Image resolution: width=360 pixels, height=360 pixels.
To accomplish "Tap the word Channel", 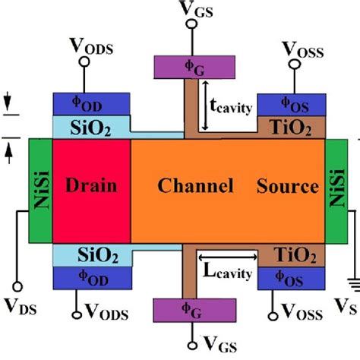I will coord(189,186).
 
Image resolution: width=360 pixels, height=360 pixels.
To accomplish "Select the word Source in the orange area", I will coord(287,186).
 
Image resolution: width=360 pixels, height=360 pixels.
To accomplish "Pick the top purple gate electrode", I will coord(187,66).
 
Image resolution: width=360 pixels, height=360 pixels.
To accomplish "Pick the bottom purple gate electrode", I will coord(187,310).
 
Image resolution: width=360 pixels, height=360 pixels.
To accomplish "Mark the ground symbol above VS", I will coord(350,285).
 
